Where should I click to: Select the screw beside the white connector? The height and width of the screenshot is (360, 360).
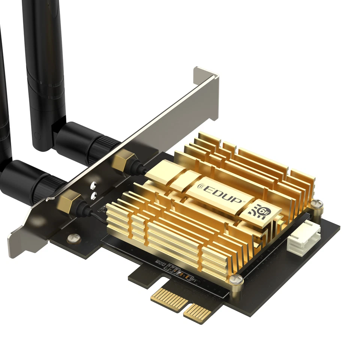(x=317, y=204)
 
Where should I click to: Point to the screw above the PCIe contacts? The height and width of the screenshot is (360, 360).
(x=236, y=279)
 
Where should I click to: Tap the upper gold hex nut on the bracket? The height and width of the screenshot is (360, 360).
(x=124, y=161)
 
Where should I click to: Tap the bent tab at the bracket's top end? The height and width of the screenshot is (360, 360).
(x=205, y=75)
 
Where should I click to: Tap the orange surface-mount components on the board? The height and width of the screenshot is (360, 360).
(x=183, y=277)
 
